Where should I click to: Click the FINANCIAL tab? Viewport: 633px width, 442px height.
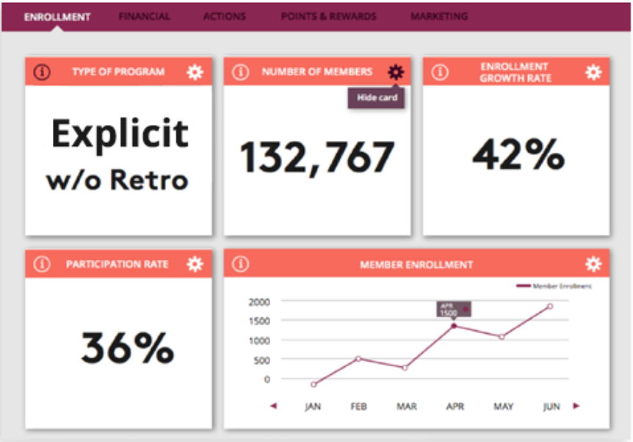point(144,16)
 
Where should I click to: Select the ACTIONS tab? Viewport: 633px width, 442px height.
point(225,16)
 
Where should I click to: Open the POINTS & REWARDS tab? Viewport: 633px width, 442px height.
point(328,16)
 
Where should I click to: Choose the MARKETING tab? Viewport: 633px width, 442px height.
point(439,16)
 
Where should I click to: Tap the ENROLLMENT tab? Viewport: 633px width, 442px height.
point(57,16)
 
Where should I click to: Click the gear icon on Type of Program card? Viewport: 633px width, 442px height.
point(195,72)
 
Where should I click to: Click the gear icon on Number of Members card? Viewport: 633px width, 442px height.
point(396,72)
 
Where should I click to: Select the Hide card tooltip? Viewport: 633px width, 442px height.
point(377,98)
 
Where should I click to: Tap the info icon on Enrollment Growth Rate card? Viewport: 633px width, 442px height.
point(439,72)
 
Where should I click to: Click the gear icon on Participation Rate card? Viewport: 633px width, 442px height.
point(195,264)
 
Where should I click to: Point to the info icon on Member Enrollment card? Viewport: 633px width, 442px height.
point(240,264)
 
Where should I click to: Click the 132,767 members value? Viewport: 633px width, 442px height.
point(317,156)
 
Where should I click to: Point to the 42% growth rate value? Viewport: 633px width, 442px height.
point(518,155)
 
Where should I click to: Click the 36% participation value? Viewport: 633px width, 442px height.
point(127,347)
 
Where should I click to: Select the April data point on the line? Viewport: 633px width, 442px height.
point(454,325)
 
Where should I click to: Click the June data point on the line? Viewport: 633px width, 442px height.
point(549,306)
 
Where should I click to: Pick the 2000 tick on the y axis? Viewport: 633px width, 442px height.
point(260,302)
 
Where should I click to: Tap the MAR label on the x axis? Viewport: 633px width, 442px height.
point(406,406)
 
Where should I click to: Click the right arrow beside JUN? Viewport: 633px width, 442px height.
point(576,405)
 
